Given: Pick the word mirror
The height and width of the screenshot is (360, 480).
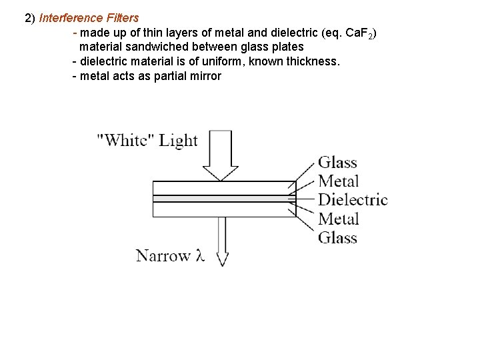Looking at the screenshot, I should [x=205, y=75].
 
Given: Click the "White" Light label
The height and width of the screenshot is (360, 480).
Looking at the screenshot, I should [x=147, y=140].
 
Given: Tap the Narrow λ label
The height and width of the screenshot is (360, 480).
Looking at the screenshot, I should [x=170, y=255].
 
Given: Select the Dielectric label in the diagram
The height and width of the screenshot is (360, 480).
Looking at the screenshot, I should [x=353, y=199].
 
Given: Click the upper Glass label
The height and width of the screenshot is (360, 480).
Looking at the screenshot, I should [x=337, y=162].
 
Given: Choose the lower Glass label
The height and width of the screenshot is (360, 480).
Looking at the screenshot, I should [x=337, y=237].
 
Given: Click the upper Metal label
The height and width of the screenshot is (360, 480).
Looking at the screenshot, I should [x=339, y=181].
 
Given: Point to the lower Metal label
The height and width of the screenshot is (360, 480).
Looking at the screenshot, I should [x=339, y=219].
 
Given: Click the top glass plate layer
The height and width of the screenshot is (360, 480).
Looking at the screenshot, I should [x=224, y=187].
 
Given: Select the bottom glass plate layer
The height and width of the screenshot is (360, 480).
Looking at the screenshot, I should [x=224, y=210].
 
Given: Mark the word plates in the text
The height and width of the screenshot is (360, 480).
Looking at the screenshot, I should [x=287, y=47].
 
